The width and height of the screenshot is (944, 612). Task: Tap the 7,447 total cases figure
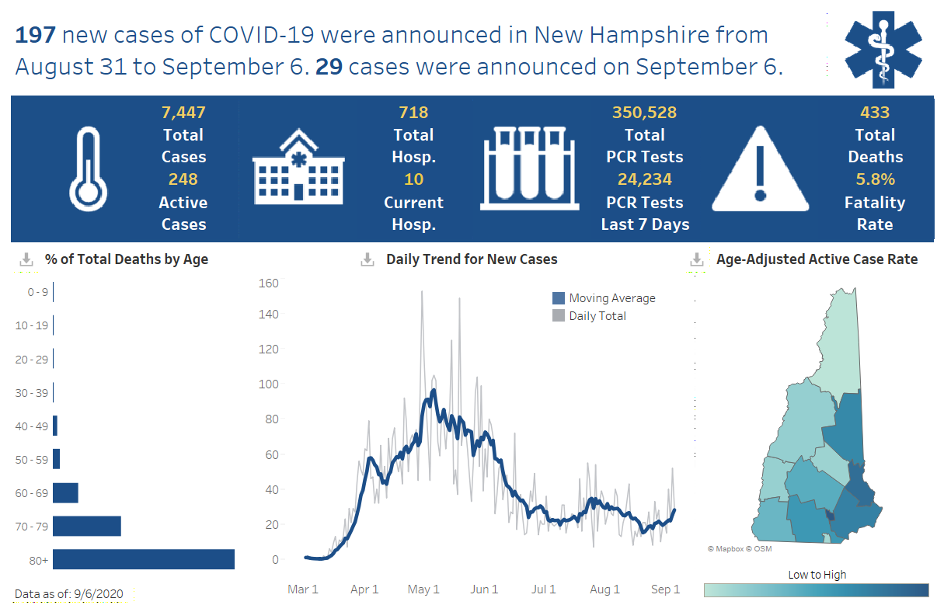coord(183,113)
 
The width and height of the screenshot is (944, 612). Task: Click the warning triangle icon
coord(760,169)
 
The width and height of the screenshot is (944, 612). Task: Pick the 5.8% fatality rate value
coord(875,179)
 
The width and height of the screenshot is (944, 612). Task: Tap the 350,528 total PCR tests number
coord(644,113)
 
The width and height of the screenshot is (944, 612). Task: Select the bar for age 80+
coord(144,559)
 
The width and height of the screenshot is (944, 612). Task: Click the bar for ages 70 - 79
coord(87,526)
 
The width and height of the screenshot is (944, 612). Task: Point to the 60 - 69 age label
coord(31,493)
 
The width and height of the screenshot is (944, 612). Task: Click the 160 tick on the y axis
coord(269,283)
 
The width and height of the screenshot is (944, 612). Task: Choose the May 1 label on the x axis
coord(424,589)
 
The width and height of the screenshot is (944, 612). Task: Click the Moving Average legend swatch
coord(559,298)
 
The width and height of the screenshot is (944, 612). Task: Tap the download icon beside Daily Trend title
coord(367,260)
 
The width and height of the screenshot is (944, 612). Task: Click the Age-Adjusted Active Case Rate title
coord(817,259)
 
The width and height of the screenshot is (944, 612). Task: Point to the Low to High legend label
coord(817,575)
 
